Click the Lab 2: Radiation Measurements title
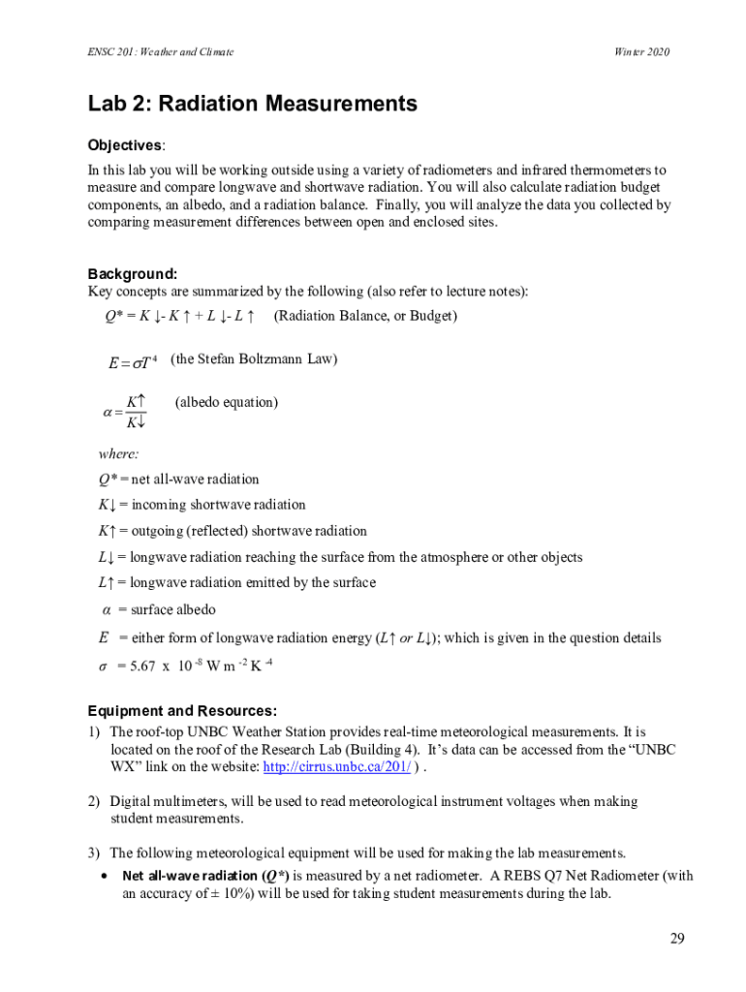[252, 104]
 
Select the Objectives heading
[126, 145]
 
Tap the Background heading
[133, 274]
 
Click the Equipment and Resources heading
[183, 709]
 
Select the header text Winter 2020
[642, 51]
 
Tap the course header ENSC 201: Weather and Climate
[161, 51]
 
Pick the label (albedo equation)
[226, 402]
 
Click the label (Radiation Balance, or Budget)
[365, 316]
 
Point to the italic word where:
[118, 453]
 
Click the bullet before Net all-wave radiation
[104, 876]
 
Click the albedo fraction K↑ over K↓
[136, 412]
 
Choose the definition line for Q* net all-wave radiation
[178, 479]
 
